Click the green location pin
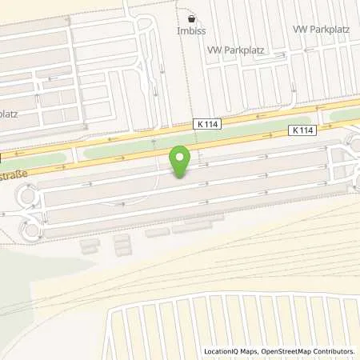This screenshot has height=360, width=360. [182, 160]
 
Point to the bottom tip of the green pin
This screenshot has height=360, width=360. [182, 177]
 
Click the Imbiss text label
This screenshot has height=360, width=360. [190, 33]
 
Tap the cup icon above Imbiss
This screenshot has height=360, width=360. [190, 19]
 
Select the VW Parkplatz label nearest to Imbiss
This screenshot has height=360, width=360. [236, 49]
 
